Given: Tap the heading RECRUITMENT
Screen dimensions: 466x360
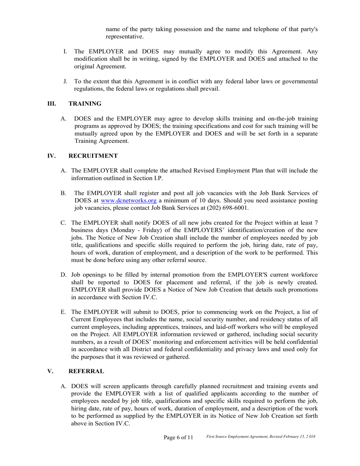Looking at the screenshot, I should [93, 156].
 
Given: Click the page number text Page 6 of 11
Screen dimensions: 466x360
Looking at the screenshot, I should [178, 438].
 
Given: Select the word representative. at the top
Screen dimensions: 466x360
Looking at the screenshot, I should [125, 37].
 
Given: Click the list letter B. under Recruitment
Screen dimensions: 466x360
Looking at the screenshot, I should [63, 193].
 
